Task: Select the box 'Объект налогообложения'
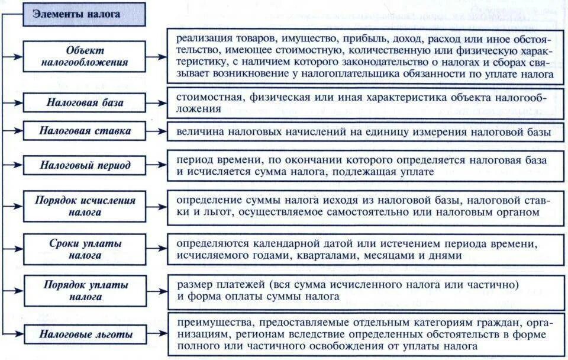coord(84,57)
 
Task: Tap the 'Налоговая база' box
coord(85,102)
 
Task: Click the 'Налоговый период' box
coord(85,165)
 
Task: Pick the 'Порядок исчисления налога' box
coord(85,205)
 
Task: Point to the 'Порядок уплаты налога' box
coord(85,290)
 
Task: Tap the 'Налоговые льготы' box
coord(85,335)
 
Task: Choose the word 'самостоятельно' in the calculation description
coord(351,212)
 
